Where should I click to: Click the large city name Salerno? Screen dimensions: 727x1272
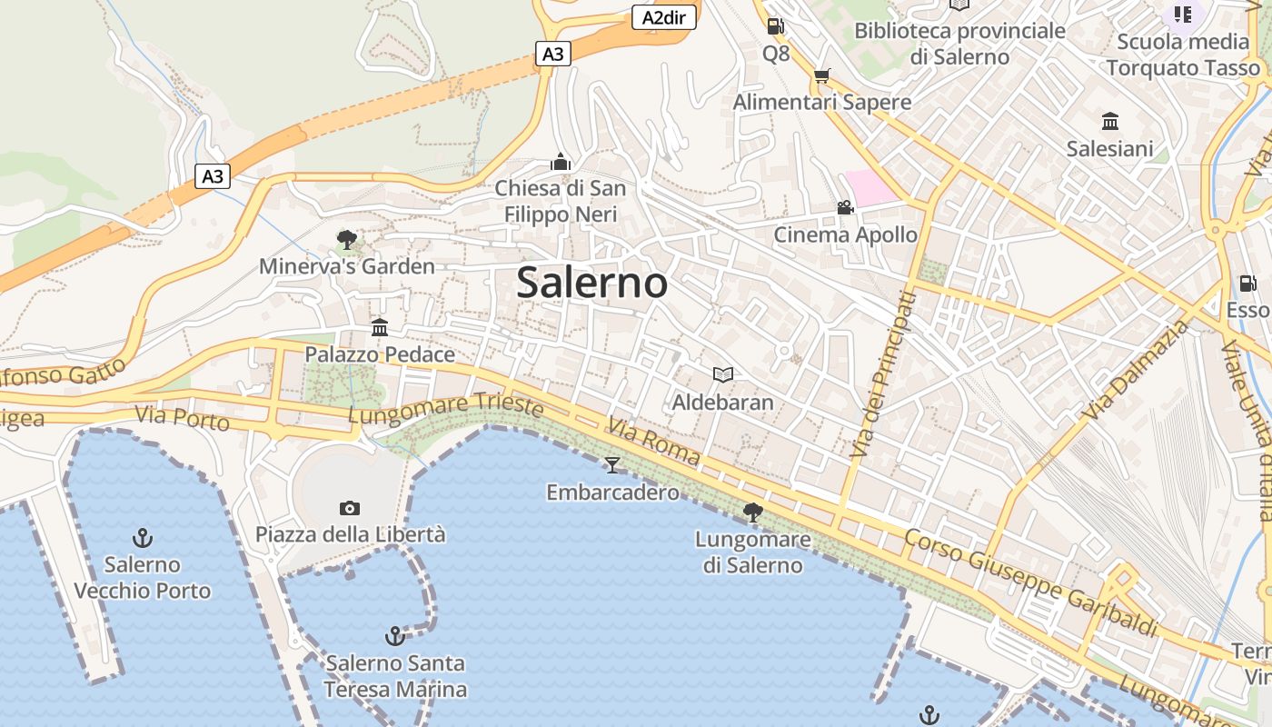click(x=592, y=283)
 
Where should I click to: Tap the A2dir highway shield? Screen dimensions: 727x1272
click(x=663, y=17)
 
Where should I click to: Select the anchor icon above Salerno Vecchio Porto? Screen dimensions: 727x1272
click(x=142, y=537)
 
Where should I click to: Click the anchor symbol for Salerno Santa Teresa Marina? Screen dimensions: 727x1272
click(x=394, y=635)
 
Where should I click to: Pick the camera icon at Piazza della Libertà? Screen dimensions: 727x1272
click(x=350, y=507)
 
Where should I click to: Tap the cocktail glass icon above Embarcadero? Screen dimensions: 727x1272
click(x=612, y=465)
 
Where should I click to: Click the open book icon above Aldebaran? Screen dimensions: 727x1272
click(x=723, y=374)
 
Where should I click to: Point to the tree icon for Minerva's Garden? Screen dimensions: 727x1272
click(x=346, y=240)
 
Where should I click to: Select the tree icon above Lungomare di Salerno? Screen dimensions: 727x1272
click(x=752, y=513)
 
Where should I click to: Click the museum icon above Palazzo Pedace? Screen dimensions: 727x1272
click(x=380, y=327)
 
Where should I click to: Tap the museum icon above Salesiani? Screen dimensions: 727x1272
click(x=1109, y=122)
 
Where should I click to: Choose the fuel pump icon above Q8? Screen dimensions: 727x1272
click(x=775, y=27)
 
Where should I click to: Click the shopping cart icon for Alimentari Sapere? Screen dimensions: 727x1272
click(x=822, y=75)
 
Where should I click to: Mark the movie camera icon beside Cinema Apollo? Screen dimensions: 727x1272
click(x=846, y=208)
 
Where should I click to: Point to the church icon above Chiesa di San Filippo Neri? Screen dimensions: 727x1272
click(x=561, y=162)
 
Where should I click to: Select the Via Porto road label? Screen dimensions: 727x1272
click(x=182, y=419)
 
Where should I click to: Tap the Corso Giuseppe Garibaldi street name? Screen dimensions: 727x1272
click(x=1031, y=582)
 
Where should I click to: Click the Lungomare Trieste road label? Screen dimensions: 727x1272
click(x=446, y=408)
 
